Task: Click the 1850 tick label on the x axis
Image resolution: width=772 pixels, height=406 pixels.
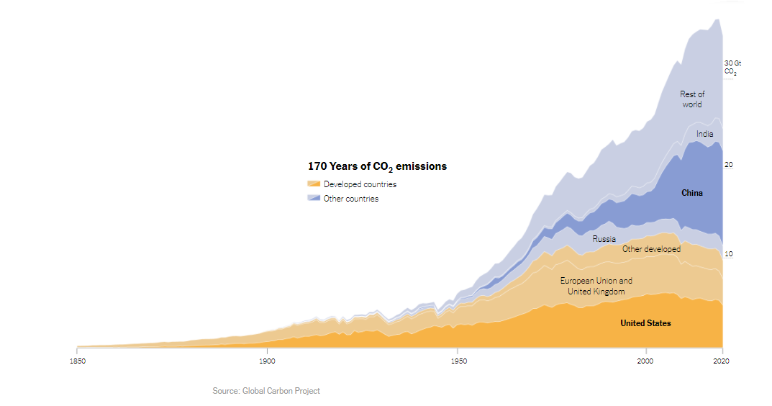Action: pyautogui.click(x=77, y=361)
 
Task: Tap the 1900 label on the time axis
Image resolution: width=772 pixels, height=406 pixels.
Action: pyautogui.click(x=266, y=361)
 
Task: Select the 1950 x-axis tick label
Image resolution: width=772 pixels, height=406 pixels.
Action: pyautogui.click(x=458, y=361)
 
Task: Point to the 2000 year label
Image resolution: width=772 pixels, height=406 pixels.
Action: pyautogui.click(x=646, y=361)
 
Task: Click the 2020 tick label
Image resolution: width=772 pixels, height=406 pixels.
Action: pyautogui.click(x=722, y=361)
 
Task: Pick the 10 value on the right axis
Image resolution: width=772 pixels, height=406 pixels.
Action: pyautogui.click(x=728, y=254)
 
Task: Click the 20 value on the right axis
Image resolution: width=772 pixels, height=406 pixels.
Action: pyautogui.click(x=728, y=165)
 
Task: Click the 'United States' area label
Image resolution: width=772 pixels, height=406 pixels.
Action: pyautogui.click(x=645, y=323)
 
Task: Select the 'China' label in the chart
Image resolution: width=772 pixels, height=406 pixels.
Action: pyautogui.click(x=692, y=193)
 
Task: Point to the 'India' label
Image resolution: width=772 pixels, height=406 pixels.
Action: pyautogui.click(x=704, y=134)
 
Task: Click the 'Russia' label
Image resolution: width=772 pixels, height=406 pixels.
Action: pyautogui.click(x=604, y=239)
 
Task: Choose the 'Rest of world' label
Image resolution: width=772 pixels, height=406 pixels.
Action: pyautogui.click(x=692, y=99)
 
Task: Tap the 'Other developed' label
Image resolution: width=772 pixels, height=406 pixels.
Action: pyautogui.click(x=651, y=249)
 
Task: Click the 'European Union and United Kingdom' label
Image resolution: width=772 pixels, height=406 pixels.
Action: pyautogui.click(x=596, y=287)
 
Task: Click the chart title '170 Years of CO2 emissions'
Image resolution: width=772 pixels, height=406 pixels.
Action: pyautogui.click(x=377, y=166)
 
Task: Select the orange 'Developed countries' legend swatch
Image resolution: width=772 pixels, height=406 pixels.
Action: pyautogui.click(x=314, y=184)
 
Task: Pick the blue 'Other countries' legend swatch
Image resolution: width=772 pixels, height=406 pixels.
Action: pyautogui.click(x=314, y=198)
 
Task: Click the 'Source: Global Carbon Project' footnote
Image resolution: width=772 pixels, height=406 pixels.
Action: pyautogui.click(x=266, y=391)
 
